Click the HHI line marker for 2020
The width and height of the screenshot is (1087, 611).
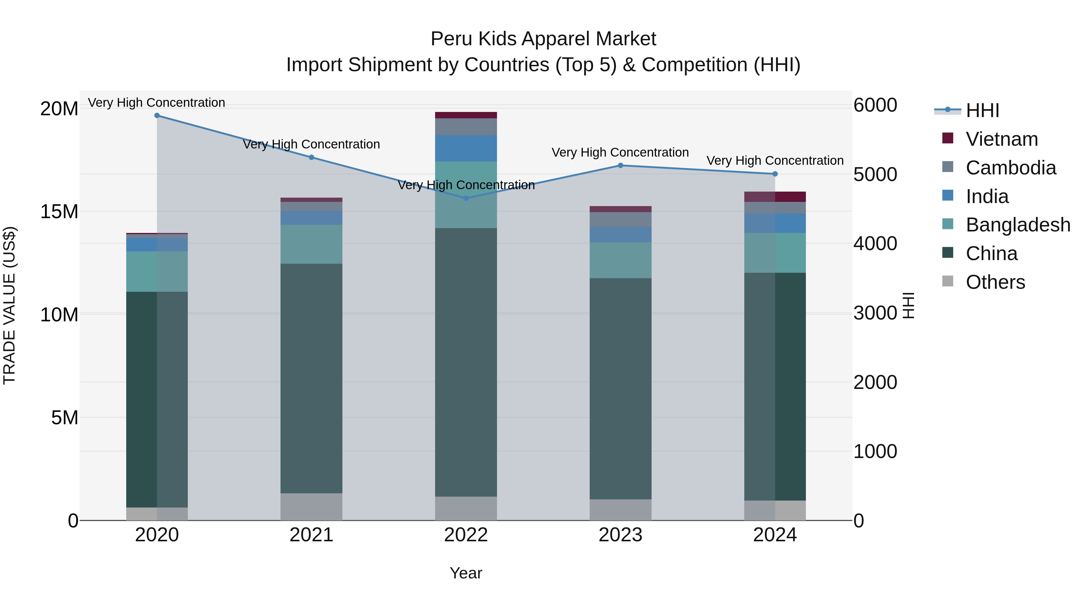pyautogui.click(x=157, y=116)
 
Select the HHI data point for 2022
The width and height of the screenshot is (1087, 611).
pyautogui.click(x=466, y=198)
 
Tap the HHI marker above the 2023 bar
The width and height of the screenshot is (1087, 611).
pyautogui.click(x=620, y=166)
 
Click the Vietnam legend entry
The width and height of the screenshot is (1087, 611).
pyautogui.click(x=1001, y=139)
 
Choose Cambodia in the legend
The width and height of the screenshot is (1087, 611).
pyautogui.click(x=1011, y=168)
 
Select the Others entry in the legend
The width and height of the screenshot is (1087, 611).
pyautogui.click(x=995, y=282)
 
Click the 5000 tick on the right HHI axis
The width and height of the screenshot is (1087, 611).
pyautogui.click(x=875, y=175)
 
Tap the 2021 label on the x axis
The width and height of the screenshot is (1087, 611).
pyautogui.click(x=311, y=535)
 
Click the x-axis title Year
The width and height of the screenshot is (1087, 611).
pyautogui.click(x=466, y=573)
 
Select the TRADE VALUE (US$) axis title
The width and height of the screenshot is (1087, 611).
pyautogui.click(x=9, y=305)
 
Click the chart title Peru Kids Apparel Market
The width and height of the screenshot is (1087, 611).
pyautogui.click(x=543, y=39)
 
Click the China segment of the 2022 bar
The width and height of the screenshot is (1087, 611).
pyautogui.click(x=466, y=363)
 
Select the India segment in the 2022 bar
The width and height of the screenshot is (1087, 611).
pyautogui.click(x=466, y=148)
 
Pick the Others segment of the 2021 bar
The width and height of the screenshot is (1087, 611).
pyautogui.click(x=311, y=507)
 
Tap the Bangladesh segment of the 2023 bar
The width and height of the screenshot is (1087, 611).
pyautogui.click(x=620, y=260)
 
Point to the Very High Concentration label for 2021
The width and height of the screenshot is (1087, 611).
pyautogui.click(x=311, y=145)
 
